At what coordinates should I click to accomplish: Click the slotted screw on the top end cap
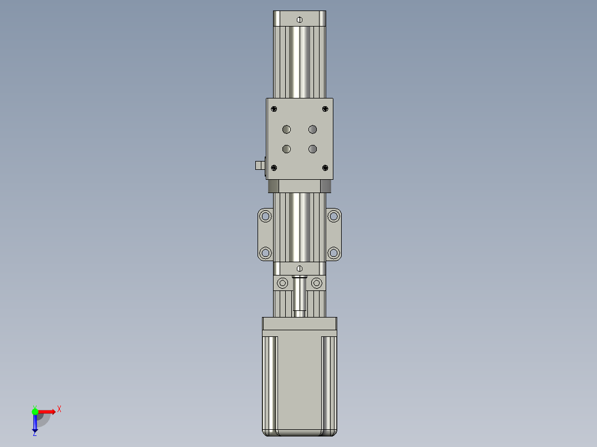(299, 20)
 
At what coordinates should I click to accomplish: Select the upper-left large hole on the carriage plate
(286, 129)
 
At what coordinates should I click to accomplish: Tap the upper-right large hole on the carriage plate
(313, 129)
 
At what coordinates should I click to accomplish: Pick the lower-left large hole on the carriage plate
(286, 149)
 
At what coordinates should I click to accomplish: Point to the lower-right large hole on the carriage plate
(313, 149)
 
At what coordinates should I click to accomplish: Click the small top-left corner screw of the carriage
(274, 109)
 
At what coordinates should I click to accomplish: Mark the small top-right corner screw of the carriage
(325, 109)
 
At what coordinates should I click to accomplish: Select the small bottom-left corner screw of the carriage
(274, 168)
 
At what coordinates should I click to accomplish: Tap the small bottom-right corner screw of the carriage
(325, 168)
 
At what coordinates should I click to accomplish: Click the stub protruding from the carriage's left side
(259, 165)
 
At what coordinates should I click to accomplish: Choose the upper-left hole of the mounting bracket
(266, 216)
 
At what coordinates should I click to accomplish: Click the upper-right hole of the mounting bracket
(333, 216)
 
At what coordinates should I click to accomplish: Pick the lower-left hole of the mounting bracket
(266, 253)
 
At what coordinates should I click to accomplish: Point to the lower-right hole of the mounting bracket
(333, 253)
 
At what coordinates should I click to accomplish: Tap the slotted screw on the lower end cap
(300, 269)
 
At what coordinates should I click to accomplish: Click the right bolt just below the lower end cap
(316, 284)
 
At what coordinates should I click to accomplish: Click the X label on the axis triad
(59, 409)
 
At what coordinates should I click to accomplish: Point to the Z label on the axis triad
(34, 433)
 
